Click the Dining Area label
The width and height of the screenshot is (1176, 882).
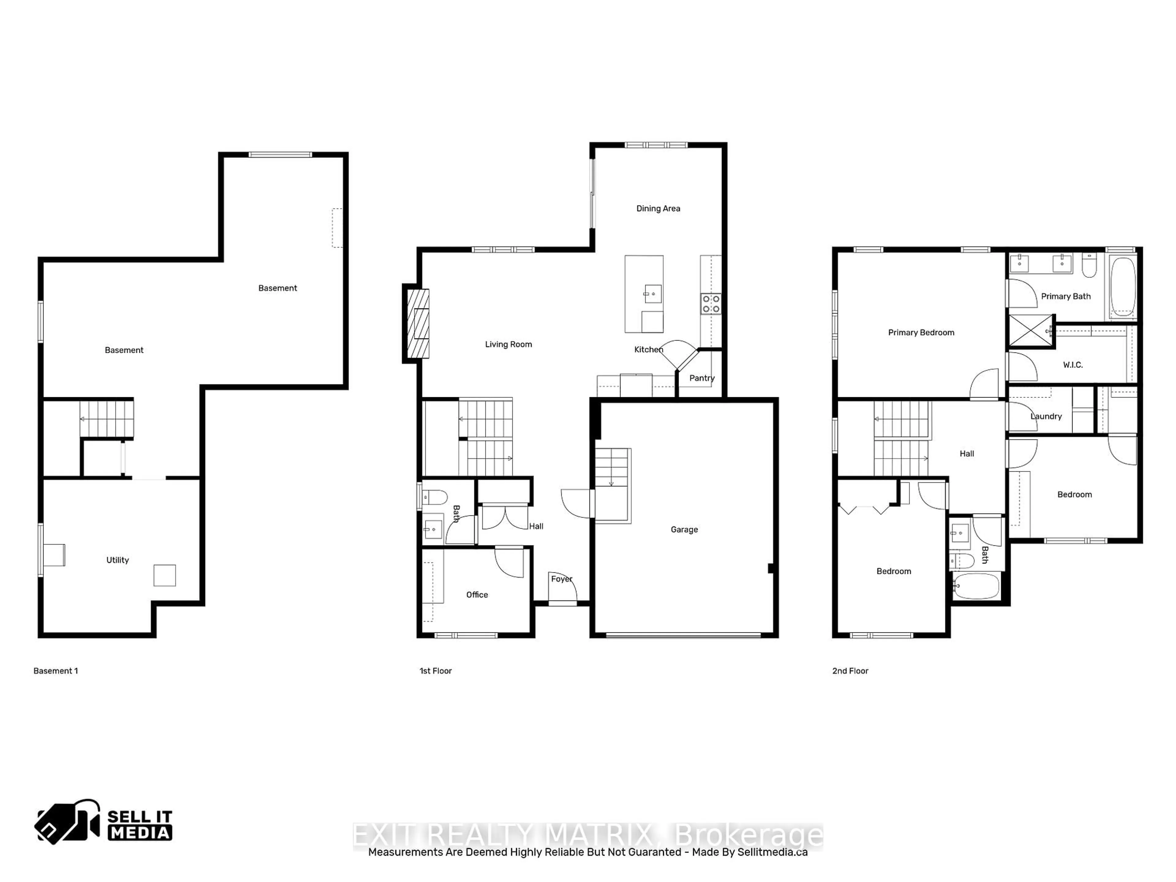tap(658, 209)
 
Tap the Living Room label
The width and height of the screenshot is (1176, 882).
tap(508, 345)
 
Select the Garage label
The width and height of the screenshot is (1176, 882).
tap(684, 530)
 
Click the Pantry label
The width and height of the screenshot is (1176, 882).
tap(702, 378)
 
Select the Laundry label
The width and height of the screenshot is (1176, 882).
tap(1046, 416)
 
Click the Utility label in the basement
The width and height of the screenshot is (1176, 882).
tap(118, 560)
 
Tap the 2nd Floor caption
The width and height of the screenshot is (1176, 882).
tap(850, 671)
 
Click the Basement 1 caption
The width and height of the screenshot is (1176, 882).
tap(56, 671)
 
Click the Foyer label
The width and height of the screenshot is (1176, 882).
tap(561, 579)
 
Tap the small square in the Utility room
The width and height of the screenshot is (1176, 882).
tap(165, 575)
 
